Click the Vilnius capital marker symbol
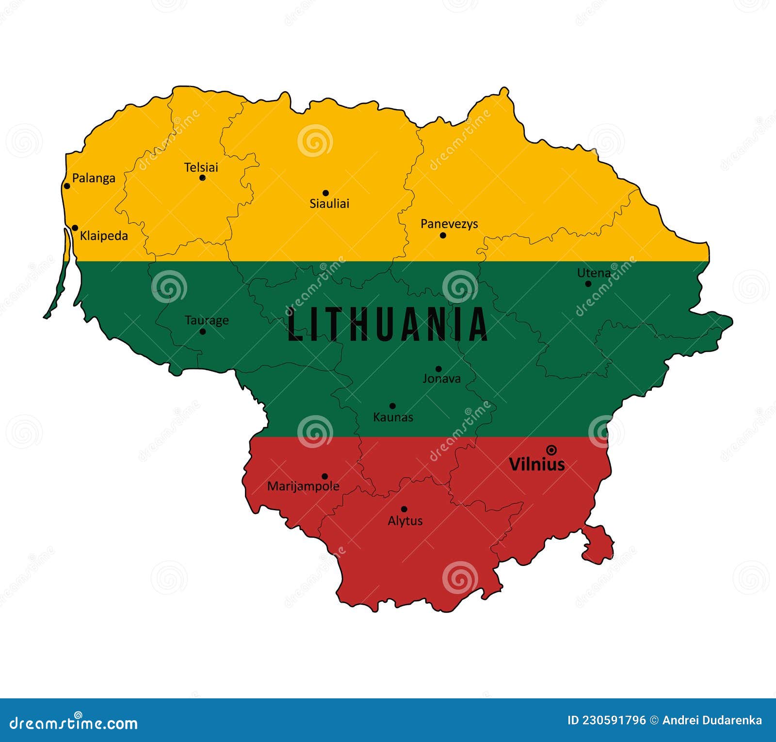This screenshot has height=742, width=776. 551,450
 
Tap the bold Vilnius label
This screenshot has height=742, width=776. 537,465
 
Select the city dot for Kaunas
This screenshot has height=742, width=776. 392,406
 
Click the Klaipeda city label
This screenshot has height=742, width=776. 104,236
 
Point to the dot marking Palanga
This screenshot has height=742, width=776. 67,186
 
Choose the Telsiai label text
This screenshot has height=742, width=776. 201,167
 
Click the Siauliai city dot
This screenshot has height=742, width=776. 325,193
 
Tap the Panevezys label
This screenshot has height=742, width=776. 449,224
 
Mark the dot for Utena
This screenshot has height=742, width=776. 588,284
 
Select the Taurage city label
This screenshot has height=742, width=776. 207,321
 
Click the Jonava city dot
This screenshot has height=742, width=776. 438,369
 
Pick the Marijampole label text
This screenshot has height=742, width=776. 303,486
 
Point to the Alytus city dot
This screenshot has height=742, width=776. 404,509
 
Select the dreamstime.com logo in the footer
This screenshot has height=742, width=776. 74,723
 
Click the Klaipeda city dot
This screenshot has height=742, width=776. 75,228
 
